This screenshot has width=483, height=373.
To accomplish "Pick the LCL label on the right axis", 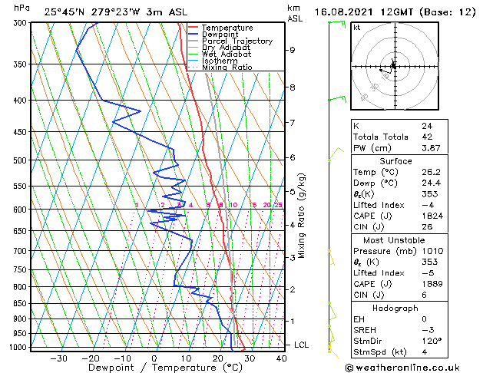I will click(x=302, y=345).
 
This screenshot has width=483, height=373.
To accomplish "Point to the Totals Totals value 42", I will click(x=427, y=137).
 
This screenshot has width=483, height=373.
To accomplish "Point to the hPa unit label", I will click(x=22, y=8).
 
